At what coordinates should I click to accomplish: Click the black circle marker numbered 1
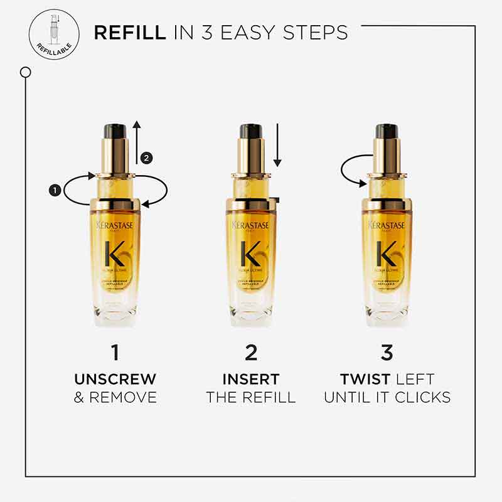coord(55,188)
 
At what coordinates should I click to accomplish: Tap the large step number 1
coord(115,353)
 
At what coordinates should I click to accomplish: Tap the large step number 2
coord(251,353)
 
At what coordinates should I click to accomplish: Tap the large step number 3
coord(387,353)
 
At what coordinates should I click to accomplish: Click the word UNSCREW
coord(115,380)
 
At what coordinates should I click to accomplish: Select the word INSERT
coord(251,380)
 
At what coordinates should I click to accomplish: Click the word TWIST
coord(361,380)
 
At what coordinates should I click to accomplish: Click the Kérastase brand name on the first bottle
coord(115,225)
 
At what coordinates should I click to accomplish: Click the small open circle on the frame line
coord(26,73)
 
